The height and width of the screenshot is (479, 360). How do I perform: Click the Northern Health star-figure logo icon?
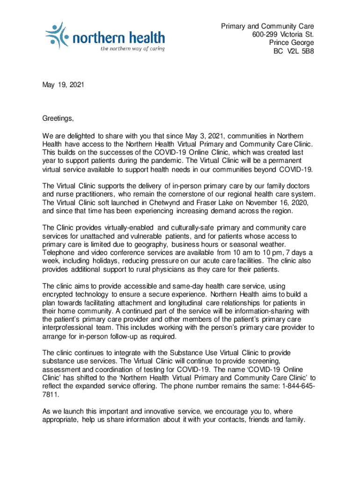click(57, 34)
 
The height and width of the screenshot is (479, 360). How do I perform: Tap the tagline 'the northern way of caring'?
click(132, 49)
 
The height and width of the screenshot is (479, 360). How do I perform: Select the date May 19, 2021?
click(63, 86)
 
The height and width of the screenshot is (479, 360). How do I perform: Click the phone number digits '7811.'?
click(50, 394)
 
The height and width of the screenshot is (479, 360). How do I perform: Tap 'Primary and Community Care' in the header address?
click(267, 26)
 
